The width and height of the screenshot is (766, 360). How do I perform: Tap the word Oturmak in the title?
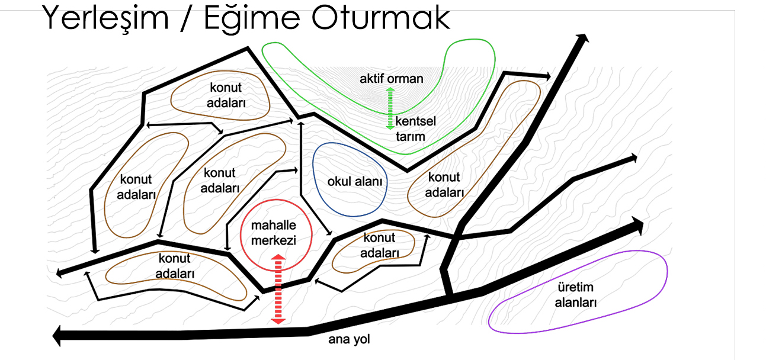pos(380,17)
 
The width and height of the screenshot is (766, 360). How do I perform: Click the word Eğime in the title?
pos(252,19)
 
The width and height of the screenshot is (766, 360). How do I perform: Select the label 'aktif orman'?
pos(391,79)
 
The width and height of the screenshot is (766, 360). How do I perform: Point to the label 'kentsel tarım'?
pos(415,128)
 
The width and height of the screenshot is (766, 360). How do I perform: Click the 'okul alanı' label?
pos(355,182)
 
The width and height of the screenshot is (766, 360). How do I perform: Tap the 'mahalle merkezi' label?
pos(274,233)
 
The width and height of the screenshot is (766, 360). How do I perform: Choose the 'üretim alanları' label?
pos(575,295)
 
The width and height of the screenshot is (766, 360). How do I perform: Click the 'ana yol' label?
pos(349,339)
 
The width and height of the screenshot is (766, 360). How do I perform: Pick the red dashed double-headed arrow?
pos(278,289)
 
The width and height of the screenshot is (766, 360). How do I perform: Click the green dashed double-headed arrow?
pos(390,108)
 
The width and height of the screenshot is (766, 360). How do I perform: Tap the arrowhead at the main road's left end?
pos(56,336)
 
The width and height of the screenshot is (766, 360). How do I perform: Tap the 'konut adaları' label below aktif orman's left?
pos(226,95)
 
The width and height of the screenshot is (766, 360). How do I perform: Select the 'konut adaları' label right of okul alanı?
pos(444,185)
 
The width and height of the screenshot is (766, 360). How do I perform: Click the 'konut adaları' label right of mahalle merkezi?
pos(380,245)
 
